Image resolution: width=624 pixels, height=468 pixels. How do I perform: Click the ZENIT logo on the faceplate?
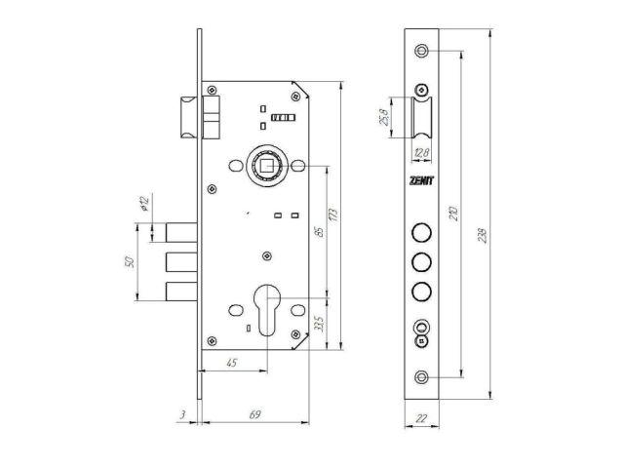click(x=422, y=180)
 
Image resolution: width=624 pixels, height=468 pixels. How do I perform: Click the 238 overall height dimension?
click(x=483, y=236)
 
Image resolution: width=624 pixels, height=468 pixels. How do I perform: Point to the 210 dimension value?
click(x=454, y=214)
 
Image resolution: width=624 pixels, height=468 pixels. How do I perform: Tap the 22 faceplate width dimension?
click(x=421, y=418)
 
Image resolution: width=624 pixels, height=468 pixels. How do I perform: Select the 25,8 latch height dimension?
click(x=384, y=117)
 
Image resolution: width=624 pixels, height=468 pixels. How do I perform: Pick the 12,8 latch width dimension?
click(x=421, y=152)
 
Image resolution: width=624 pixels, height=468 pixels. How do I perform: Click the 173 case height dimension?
click(x=333, y=214)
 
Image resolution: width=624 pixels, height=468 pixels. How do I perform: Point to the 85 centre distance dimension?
click(x=319, y=232)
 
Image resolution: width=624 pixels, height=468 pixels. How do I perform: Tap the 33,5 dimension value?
click(x=319, y=324)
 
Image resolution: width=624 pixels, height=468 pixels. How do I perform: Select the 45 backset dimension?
click(x=232, y=363)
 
